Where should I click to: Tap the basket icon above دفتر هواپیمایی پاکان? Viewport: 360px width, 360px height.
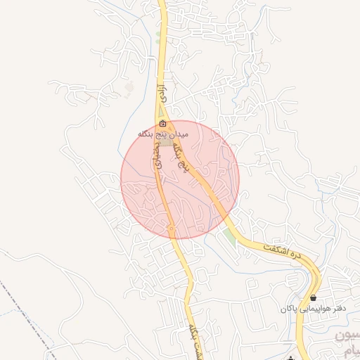[x=313, y=298]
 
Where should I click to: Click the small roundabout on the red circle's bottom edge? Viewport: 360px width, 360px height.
[x=172, y=229]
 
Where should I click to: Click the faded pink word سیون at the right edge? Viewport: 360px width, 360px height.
[x=349, y=336]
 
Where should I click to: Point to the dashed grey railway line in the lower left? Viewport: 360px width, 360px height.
[x=28, y=314]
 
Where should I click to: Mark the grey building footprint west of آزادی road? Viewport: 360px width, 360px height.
[x=129, y=87]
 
